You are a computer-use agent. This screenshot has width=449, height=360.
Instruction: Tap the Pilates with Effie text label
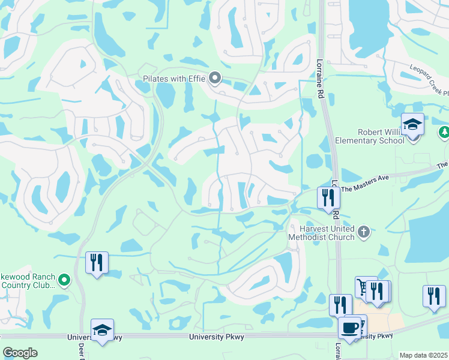(x=175, y=79)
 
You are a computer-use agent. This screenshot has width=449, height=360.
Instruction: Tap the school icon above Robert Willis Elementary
(x=412, y=125)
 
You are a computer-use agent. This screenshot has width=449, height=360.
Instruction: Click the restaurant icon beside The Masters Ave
(x=328, y=198)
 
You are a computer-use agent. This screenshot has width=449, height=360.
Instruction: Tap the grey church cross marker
(x=363, y=232)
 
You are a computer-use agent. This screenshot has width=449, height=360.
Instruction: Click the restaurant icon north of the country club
(x=96, y=263)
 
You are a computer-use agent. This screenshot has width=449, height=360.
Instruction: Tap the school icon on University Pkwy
(x=101, y=331)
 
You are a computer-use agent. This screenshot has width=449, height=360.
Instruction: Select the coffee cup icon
(x=350, y=328)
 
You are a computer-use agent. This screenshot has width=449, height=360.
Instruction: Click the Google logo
(x=20, y=353)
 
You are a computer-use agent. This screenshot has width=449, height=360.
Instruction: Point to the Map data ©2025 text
(x=423, y=355)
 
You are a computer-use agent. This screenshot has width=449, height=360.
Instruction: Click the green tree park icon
(x=444, y=132)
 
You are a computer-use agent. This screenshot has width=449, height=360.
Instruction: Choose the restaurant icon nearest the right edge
(x=434, y=296)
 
